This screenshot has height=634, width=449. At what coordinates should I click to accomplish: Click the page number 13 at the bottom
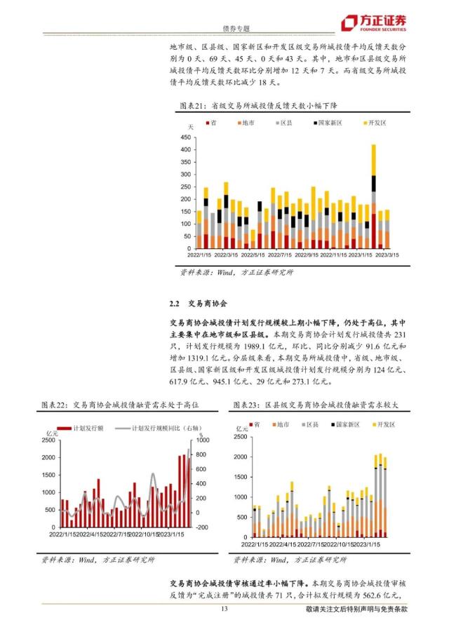coord(224,609)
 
